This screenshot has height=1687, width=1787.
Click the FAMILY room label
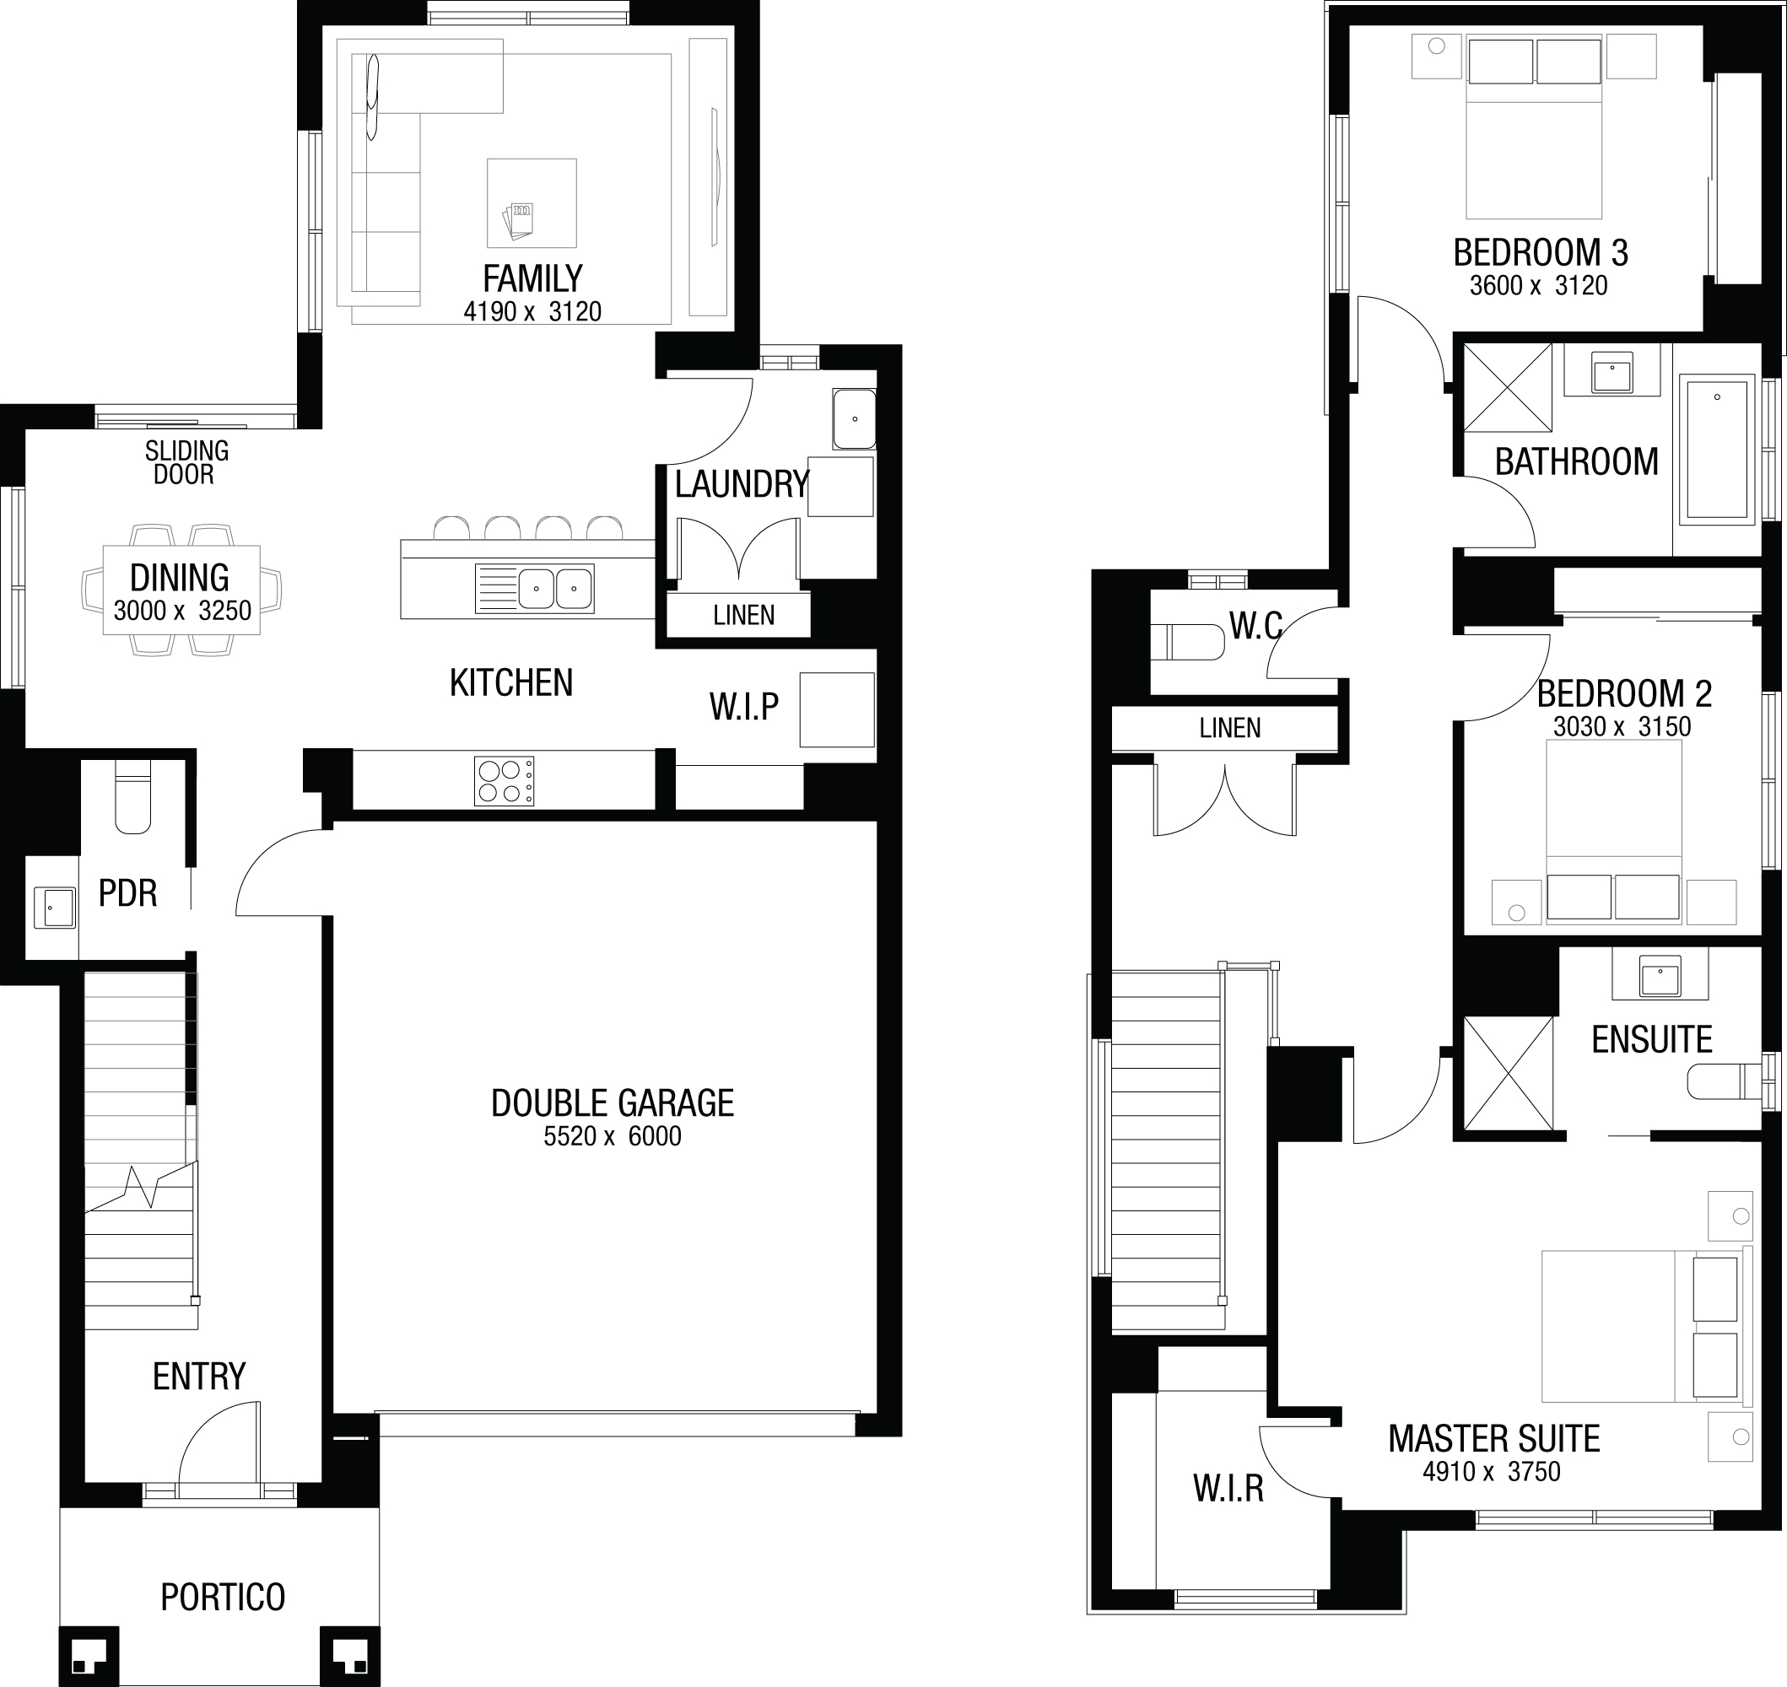pyautogui.click(x=532, y=278)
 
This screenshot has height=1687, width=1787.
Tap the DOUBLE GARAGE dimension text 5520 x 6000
pyautogui.click(x=613, y=1137)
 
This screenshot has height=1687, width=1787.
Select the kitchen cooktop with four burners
pyautogui.click(x=504, y=780)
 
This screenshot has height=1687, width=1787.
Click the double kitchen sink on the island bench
pyautogui.click(x=534, y=588)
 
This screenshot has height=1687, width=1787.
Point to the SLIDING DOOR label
pyautogui.click(x=187, y=462)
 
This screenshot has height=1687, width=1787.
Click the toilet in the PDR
pyautogui.click(x=133, y=797)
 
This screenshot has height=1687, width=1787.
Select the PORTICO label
pyautogui.click(x=223, y=1597)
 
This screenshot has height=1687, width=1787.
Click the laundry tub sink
pyautogui.click(x=854, y=418)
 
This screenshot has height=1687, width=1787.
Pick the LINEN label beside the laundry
pyautogui.click(x=744, y=615)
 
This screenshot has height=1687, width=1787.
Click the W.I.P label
pyautogui.click(x=744, y=707)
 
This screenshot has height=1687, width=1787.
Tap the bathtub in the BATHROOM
pyautogui.click(x=1717, y=450)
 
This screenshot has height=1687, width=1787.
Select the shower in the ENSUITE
pyautogui.click(x=1509, y=1073)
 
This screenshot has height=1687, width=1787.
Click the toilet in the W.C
pyautogui.click(x=1188, y=643)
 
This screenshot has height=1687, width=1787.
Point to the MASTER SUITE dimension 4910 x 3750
pyautogui.click(x=1492, y=1472)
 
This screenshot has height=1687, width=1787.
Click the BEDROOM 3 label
pyautogui.click(x=1541, y=253)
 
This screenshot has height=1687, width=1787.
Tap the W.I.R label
pyautogui.click(x=1228, y=1489)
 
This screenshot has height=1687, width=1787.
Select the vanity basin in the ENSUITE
pyautogui.click(x=1660, y=976)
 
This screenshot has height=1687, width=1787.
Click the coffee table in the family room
pyautogui.click(x=532, y=203)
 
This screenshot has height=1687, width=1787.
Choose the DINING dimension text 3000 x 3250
pyautogui.click(x=182, y=612)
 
